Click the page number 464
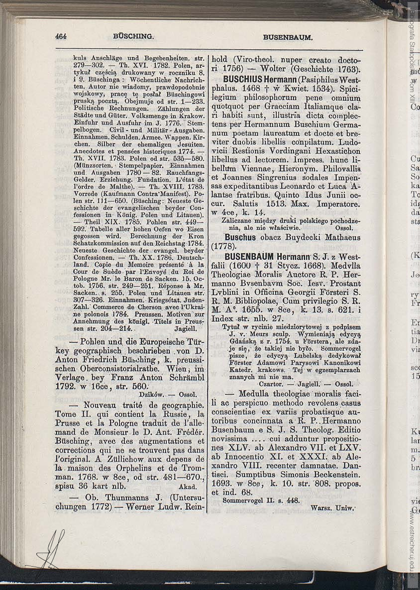[61, 36]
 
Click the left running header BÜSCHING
[133, 36]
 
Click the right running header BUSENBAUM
[288, 37]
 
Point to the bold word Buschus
[241, 237]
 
